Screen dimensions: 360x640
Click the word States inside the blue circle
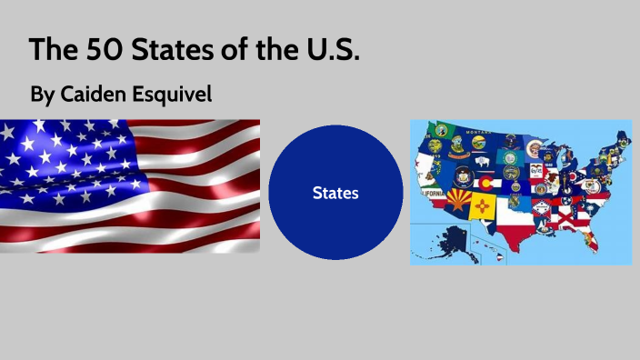coord(335,193)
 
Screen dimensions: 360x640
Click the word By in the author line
coord(42,94)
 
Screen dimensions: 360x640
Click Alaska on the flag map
coord(455,238)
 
